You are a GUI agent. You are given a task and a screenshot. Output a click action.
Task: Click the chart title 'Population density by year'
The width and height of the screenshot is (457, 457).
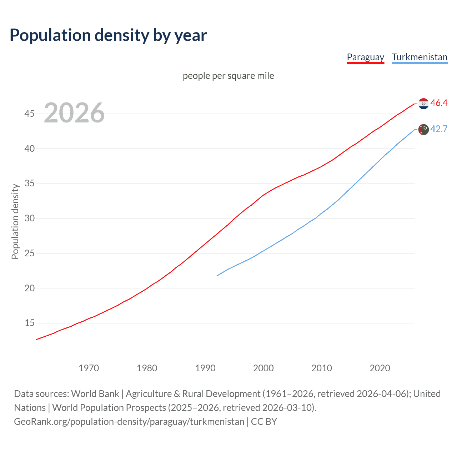click(108, 35)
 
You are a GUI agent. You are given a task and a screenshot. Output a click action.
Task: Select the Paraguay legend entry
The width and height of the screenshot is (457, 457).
click(365, 57)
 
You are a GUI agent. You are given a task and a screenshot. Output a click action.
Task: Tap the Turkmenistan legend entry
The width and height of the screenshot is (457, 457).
click(420, 57)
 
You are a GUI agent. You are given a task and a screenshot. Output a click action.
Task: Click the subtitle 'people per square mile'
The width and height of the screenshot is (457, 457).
click(228, 76)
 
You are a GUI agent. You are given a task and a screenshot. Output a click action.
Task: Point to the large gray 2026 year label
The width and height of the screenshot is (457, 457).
click(74, 113)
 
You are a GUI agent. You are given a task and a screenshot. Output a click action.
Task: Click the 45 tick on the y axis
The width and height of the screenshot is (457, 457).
click(29, 114)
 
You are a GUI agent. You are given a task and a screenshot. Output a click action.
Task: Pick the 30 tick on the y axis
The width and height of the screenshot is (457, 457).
click(29, 218)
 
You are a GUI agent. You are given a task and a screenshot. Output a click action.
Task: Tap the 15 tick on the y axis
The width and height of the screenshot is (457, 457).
click(29, 323)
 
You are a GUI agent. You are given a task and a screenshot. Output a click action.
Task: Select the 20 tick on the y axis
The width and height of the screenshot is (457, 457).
click(29, 288)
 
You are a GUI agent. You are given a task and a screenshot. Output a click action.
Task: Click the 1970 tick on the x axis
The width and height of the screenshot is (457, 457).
click(89, 368)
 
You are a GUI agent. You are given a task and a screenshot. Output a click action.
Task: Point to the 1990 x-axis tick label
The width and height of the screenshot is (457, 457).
click(205, 368)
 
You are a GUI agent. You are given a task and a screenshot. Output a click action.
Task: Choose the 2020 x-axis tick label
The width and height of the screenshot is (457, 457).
click(380, 368)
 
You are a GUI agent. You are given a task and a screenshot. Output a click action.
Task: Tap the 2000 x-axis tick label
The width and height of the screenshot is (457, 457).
click(263, 368)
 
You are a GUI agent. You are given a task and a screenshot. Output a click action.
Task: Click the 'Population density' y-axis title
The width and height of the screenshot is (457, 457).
click(15, 221)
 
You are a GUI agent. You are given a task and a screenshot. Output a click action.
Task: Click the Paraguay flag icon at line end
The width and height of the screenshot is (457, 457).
click(423, 104)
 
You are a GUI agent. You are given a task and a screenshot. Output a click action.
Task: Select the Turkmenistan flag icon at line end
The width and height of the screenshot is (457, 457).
click(423, 129)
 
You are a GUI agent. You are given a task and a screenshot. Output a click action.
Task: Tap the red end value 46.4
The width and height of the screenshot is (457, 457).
click(439, 103)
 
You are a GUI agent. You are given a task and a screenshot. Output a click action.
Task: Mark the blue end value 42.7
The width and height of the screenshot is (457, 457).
click(439, 129)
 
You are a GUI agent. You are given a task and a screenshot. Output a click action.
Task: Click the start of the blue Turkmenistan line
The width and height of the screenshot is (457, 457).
click(217, 276)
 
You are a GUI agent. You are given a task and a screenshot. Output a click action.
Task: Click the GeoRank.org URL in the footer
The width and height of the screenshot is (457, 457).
click(129, 422)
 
